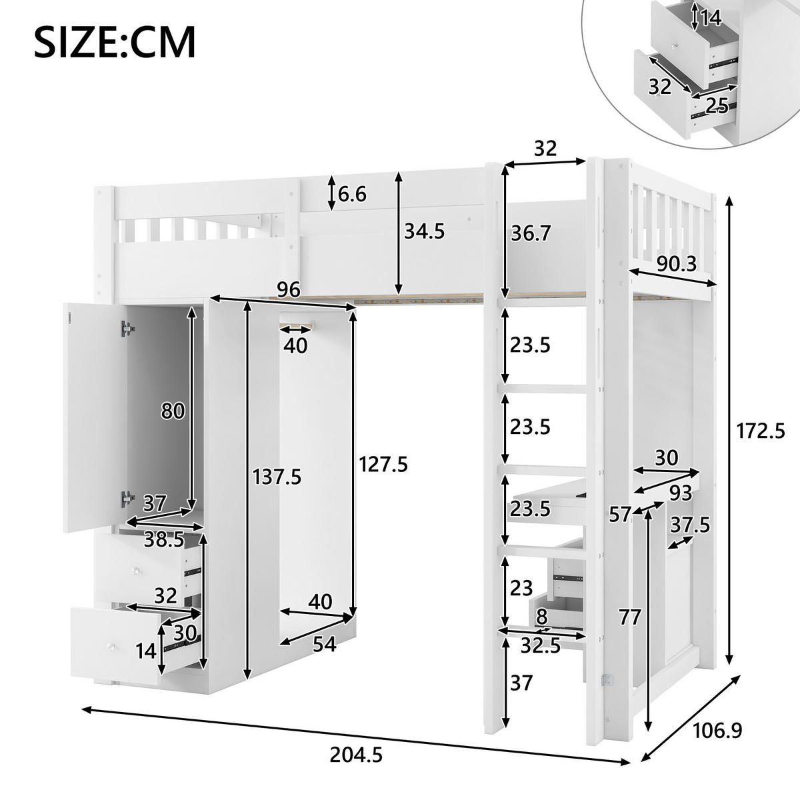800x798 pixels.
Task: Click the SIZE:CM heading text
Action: pos(115,43)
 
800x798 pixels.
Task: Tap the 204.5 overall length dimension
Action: pos(356,755)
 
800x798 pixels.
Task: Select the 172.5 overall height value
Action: pos(761,431)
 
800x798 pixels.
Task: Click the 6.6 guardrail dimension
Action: pos(352,194)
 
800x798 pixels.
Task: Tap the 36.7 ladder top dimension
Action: pos(531,233)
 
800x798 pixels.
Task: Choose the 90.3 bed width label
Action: pos(677,263)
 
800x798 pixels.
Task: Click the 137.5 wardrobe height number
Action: pos(277,477)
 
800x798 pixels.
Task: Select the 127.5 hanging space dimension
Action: pos(383,464)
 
